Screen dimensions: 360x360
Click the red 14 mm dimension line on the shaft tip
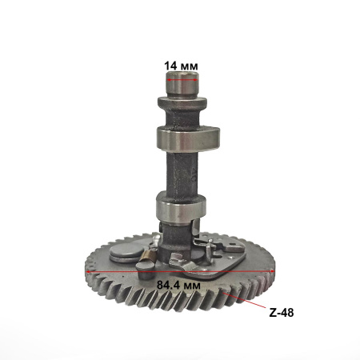(182, 79)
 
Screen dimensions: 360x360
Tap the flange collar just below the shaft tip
(182, 102)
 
